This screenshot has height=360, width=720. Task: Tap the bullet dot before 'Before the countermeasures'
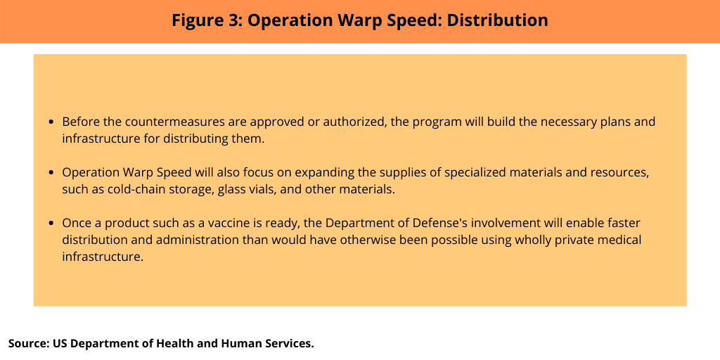(51, 122)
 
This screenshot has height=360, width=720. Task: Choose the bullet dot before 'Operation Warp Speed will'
(51, 173)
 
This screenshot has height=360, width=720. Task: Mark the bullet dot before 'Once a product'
(51, 224)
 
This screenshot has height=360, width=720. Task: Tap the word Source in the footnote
(29, 343)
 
